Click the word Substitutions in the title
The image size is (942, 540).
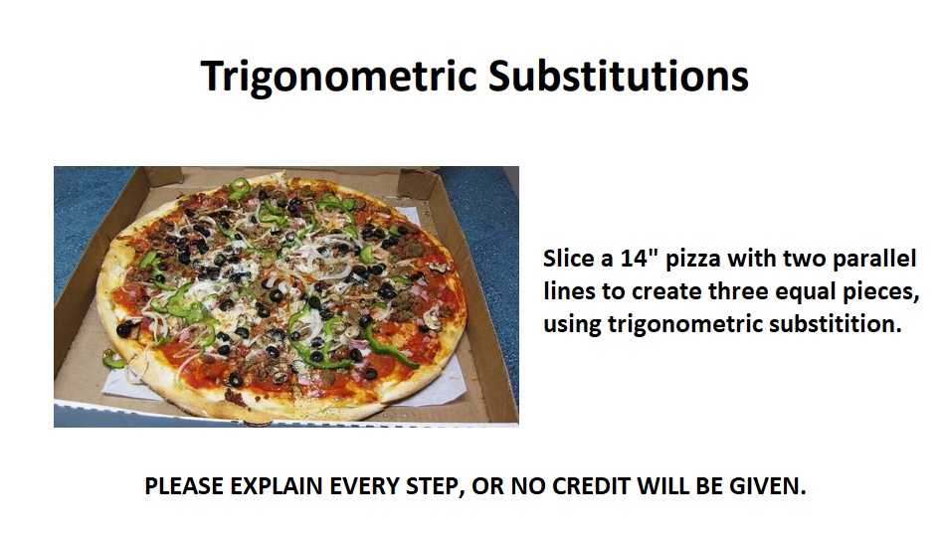pyautogui.click(x=617, y=77)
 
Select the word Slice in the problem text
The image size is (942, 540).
pyautogui.click(x=567, y=261)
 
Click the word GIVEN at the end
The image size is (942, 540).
pyautogui.click(x=769, y=487)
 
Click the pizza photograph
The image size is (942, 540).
pyautogui.click(x=286, y=296)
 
